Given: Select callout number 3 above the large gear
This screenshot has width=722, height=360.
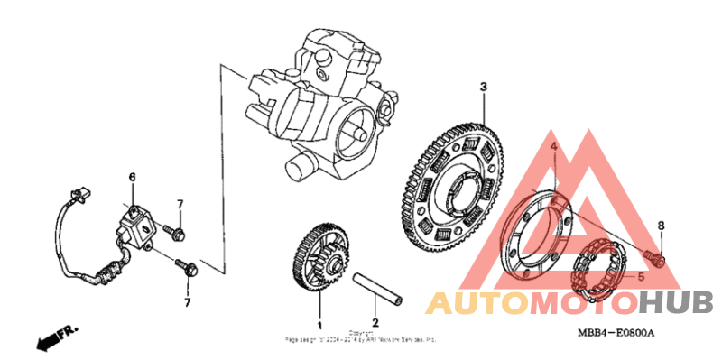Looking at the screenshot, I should [483, 87].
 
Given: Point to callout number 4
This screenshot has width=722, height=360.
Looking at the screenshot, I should [554, 147].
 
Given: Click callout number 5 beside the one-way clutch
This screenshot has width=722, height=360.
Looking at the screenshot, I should [641, 276].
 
